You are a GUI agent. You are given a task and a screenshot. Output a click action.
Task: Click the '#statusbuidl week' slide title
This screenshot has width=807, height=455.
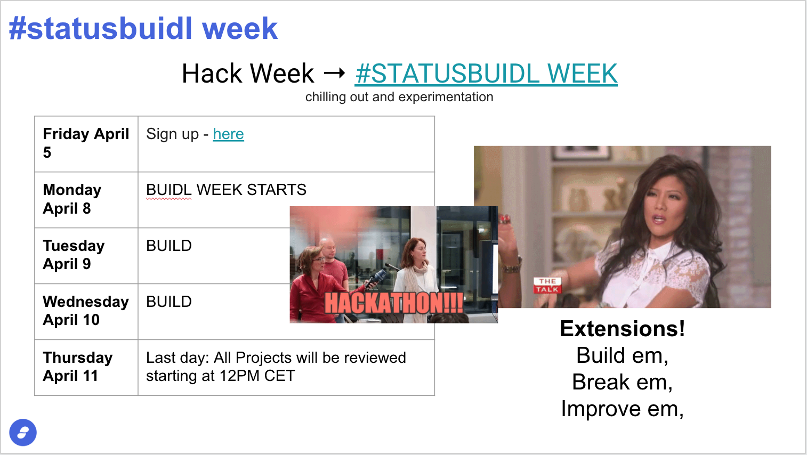pyautogui.click(x=143, y=28)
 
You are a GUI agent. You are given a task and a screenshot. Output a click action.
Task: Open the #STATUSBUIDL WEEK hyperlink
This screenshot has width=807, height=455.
pyautogui.click(x=486, y=74)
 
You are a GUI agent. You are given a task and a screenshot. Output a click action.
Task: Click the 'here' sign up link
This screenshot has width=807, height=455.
pyautogui.click(x=229, y=134)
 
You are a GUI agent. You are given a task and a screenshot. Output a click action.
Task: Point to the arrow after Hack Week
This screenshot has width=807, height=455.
pyautogui.click(x=334, y=74)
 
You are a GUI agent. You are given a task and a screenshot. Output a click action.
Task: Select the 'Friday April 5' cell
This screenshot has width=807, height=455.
pyautogui.click(x=86, y=144)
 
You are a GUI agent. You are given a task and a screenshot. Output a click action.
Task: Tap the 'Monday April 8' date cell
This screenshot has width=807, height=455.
pyautogui.click(x=86, y=200)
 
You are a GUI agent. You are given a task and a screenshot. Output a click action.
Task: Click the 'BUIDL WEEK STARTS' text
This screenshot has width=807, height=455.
pyautogui.click(x=226, y=190)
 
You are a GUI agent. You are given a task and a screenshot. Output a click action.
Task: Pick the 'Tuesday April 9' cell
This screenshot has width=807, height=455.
pyautogui.click(x=86, y=256)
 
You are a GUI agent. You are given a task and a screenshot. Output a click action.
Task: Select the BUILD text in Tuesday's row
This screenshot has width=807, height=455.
pyautogui.click(x=169, y=246)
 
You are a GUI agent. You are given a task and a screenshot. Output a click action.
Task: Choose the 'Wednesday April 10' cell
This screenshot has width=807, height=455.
pyautogui.click(x=86, y=312)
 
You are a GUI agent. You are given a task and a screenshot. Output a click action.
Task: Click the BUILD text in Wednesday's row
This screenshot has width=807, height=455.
pyautogui.click(x=169, y=302)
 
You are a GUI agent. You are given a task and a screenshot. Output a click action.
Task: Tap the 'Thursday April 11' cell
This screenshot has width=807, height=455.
pyautogui.click(x=86, y=368)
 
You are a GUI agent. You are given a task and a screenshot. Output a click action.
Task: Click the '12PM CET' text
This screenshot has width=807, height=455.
pyautogui.click(x=257, y=376)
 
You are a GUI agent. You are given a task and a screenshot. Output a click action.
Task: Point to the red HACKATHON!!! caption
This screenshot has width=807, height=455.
pyautogui.click(x=394, y=303)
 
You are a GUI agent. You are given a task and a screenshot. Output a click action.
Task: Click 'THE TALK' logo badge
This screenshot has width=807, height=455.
pyautogui.click(x=547, y=285)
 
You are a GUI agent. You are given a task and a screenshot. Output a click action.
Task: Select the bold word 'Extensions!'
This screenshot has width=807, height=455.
pyautogui.click(x=623, y=329)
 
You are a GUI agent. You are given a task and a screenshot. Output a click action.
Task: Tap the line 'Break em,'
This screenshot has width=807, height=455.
pyautogui.click(x=623, y=382)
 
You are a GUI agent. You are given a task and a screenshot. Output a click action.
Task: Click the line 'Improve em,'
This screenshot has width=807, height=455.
pyautogui.click(x=623, y=409)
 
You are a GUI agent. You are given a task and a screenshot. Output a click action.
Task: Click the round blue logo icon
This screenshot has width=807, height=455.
pyautogui.click(x=23, y=432)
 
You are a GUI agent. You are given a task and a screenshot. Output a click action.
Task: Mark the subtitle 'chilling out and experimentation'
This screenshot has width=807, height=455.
pyautogui.click(x=399, y=97)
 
